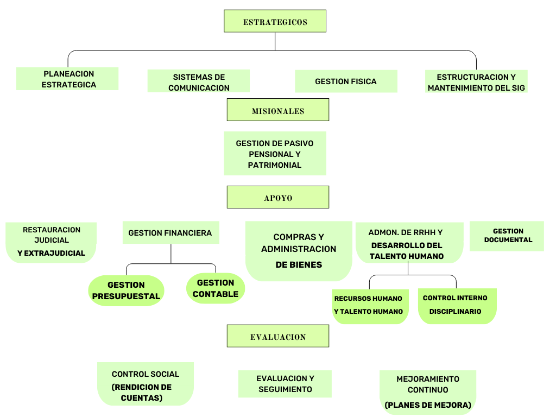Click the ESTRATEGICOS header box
coord(275,21)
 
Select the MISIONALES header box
coord(277,110)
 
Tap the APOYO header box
coord(277,197)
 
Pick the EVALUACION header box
coord(277,336)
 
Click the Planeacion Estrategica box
coord(67,79)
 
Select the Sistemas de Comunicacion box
coord(199,81)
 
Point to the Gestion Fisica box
coord(346,81)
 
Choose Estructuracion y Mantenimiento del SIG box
coord(476,82)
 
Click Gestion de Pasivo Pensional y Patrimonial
coord(275,154)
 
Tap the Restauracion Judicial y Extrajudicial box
coord(51,242)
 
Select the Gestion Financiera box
coord(170,233)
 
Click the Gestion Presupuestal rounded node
coord(126,290)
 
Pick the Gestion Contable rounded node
coord(216,288)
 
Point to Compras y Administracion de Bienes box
coord(299,250)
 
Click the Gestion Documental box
coord(507,236)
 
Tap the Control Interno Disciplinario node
coord(457,306)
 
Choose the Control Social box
coord(145,384)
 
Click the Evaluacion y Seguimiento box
coord(285,384)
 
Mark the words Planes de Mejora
coord(428,405)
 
